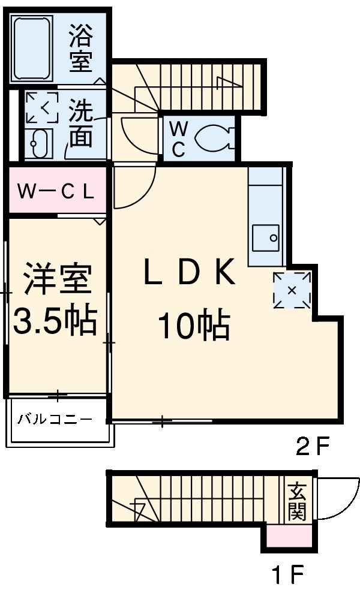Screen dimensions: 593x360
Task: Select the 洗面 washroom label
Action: [x=79, y=124]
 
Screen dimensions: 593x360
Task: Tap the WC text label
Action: [x=178, y=139]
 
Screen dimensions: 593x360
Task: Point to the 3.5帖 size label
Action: [x=55, y=321]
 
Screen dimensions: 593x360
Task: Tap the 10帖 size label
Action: [x=193, y=327]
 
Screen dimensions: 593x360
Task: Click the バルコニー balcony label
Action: [x=55, y=419]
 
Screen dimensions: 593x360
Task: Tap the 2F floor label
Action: [x=313, y=445]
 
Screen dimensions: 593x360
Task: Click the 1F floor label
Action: [x=287, y=576]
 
